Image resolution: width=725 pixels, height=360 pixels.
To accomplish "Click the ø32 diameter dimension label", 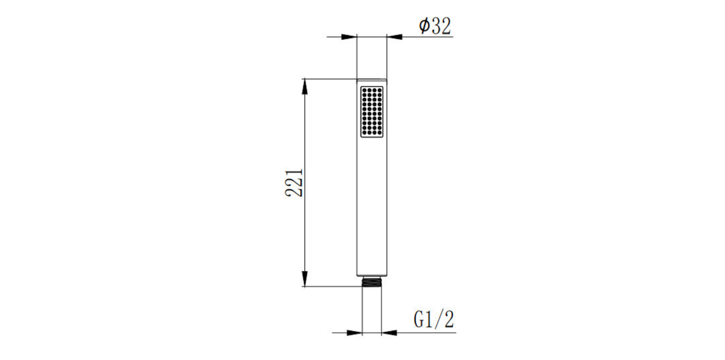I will pos(435,25).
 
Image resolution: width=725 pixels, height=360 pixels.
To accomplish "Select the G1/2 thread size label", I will pos(434,320).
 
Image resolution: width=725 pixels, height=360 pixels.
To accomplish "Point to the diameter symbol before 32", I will pos(424,26).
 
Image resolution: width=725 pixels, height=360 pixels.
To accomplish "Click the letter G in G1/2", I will pos(419,320).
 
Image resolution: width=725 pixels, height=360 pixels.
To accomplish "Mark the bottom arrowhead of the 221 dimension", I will pos(305,278).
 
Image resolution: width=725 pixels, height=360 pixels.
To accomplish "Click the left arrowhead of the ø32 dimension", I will pos(349,37).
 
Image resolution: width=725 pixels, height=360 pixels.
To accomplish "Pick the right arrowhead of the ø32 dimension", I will pos(394,37).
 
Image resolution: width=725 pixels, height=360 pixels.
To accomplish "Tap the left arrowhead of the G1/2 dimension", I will pos(355,333).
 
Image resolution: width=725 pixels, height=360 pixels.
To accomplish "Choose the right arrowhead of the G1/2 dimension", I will pos(389,333).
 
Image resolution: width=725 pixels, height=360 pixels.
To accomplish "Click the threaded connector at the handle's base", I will pos(372,280).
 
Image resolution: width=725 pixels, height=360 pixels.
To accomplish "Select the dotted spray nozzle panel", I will pos(372,112).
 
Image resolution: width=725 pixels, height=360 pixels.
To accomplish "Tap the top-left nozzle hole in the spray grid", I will pos(364,90).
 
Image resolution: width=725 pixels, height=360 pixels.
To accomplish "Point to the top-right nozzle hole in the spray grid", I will pos(379,90).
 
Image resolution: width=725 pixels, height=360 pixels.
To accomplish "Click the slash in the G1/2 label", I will pos(440,320).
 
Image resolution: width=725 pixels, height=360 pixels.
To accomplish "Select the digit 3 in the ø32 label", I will pos(436,26).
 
